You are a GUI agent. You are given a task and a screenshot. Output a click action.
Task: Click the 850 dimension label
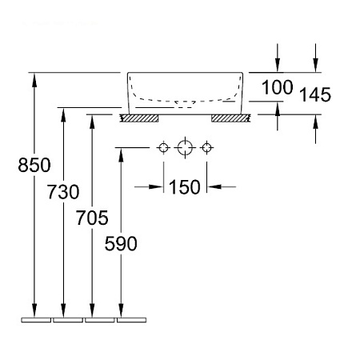(34, 165)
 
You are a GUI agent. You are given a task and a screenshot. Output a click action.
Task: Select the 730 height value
(63, 192)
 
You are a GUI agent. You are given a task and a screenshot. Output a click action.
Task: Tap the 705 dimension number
(92, 218)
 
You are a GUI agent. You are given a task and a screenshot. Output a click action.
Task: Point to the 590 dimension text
(121, 243)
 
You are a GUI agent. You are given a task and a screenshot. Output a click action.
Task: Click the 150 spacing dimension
(185, 187)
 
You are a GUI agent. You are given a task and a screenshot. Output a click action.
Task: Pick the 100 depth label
(278, 87)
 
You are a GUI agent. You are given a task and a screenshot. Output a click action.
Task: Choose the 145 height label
(315, 94)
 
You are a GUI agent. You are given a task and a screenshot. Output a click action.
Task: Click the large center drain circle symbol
(185, 147)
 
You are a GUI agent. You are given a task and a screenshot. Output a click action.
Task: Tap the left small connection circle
(163, 147)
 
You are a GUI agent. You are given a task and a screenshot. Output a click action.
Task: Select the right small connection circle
(206, 147)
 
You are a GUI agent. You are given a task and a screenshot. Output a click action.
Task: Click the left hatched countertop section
(139, 118)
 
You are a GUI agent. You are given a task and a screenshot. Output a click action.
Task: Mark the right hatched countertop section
(231, 118)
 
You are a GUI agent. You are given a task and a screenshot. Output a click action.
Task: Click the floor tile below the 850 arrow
(36, 320)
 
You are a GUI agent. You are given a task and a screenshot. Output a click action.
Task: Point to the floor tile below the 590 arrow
(132, 320)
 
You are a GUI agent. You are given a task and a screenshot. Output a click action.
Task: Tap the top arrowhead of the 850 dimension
(34, 79)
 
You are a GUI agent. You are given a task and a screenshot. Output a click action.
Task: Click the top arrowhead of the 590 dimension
(121, 154)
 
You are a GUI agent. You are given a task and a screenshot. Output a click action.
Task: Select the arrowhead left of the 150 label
(156, 187)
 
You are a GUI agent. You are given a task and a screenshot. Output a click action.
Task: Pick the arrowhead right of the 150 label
(214, 187)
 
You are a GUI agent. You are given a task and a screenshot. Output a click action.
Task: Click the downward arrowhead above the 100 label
(278, 66)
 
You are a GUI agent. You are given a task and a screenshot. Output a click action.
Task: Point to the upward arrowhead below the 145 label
(316, 122)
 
